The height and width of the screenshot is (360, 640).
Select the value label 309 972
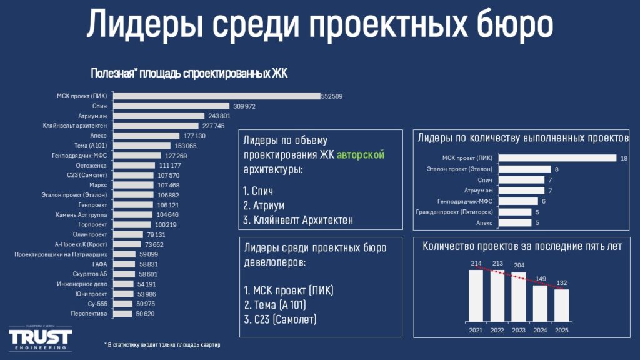(244, 106)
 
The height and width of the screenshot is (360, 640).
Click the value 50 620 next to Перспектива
(144, 314)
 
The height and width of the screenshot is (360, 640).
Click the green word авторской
(361, 154)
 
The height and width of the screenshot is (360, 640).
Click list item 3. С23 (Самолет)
(280, 319)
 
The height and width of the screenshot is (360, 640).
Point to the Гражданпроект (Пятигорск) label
(456, 212)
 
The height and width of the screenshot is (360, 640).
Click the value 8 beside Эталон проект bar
(556, 169)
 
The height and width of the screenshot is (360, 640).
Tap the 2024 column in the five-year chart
(540, 302)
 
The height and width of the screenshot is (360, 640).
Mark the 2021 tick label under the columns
(476, 330)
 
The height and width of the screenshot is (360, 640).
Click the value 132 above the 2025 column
(561, 282)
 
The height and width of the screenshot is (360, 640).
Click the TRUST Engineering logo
(40, 338)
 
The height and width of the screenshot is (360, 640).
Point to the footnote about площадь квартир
(162, 345)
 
